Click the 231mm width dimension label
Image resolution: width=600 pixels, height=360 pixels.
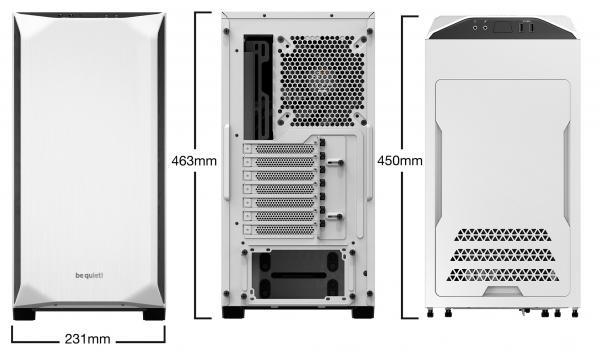(87, 339)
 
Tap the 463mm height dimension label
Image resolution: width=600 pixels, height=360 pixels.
(194, 161)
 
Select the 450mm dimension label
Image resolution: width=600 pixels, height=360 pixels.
(400, 161)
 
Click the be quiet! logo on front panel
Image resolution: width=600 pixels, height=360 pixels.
(89, 275)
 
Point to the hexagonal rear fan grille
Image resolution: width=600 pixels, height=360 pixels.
(321, 81)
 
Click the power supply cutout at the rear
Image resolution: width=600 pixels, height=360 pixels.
(298, 275)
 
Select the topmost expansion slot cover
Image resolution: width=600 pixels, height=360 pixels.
(280, 149)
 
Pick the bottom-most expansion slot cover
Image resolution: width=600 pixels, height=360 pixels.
(280, 230)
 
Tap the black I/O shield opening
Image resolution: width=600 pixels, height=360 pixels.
(258, 87)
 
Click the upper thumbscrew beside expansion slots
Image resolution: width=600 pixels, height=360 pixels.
(335, 163)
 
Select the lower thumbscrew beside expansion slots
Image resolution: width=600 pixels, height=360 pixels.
(335, 217)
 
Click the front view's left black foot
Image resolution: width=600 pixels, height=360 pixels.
(24, 314)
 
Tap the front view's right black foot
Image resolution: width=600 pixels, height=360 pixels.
(154, 314)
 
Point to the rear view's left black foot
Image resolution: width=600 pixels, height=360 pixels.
(233, 313)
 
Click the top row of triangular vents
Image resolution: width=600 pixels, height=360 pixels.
(503, 235)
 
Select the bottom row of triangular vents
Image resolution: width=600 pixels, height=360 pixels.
(503, 275)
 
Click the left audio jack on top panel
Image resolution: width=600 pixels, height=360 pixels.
(475, 28)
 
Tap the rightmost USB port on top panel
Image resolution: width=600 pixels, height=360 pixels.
(532, 28)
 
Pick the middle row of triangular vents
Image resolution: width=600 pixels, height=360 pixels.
(503, 255)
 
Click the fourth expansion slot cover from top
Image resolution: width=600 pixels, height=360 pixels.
(280, 189)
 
